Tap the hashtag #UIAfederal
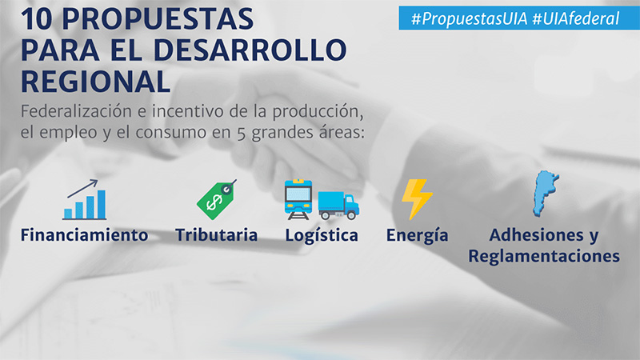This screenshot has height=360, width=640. pyautogui.click(x=576, y=18)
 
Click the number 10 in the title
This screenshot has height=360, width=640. pyautogui.click(x=37, y=18)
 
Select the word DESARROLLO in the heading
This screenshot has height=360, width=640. pyautogui.click(x=250, y=50)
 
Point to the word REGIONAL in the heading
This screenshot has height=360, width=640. pyautogui.click(x=95, y=82)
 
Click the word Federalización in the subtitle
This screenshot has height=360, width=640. pyautogui.click(x=76, y=111)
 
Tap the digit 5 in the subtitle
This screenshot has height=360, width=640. pyautogui.click(x=242, y=134)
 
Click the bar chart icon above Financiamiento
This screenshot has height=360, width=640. pyautogui.click(x=85, y=199)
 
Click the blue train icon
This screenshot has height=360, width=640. pyautogui.click(x=298, y=199)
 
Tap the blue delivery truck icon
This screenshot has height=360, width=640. pyautogui.click(x=338, y=206)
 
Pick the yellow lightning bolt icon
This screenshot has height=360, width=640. pyautogui.click(x=417, y=199)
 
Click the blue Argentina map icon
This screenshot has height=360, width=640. pyautogui.click(x=546, y=194)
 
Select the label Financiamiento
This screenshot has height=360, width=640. pyautogui.click(x=85, y=235)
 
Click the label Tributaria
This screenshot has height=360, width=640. pyautogui.click(x=216, y=235)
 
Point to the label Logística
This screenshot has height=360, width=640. pyautogui.click(x=322, y=236)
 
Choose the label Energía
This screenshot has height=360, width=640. pyautogui.click(x=417, y=236)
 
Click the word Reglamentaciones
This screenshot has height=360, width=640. pyautogui.click(x=544, y=257)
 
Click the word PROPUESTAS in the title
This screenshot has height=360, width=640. pyautogui.click(x=158, y=18)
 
